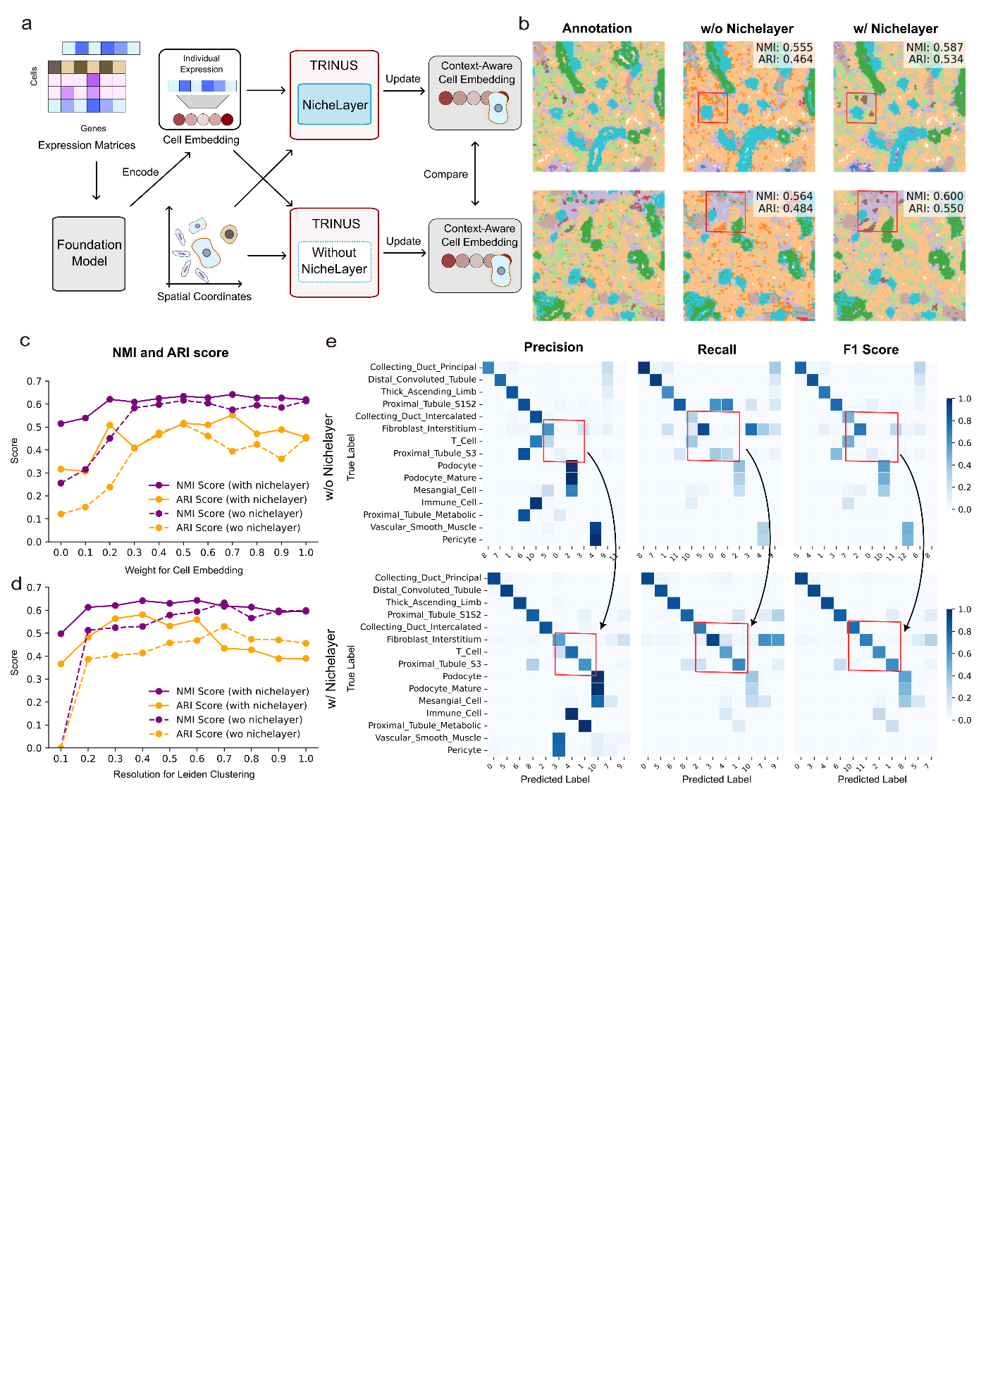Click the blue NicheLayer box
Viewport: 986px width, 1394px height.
334,105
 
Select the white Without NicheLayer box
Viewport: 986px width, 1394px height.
334,261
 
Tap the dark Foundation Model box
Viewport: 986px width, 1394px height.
89,254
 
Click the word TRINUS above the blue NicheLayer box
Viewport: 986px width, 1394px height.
334,66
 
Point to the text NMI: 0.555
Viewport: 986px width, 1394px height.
784,47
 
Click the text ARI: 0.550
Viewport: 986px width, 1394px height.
935,209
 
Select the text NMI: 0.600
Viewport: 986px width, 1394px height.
935,197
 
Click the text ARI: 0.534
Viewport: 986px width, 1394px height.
935,60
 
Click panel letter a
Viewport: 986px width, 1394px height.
27,24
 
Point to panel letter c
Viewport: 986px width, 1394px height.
25,341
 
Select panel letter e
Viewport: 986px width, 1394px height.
331,342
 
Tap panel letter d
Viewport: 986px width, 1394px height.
16,584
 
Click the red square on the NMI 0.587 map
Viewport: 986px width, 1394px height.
861,108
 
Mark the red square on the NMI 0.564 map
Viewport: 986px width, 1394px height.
725,211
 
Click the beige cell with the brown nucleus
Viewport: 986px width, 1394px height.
229,234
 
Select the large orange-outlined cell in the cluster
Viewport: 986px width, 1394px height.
205,252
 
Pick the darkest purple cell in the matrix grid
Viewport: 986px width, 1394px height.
93,80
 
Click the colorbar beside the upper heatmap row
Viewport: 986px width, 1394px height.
949,453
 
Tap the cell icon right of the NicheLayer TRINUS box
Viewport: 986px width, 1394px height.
498,108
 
